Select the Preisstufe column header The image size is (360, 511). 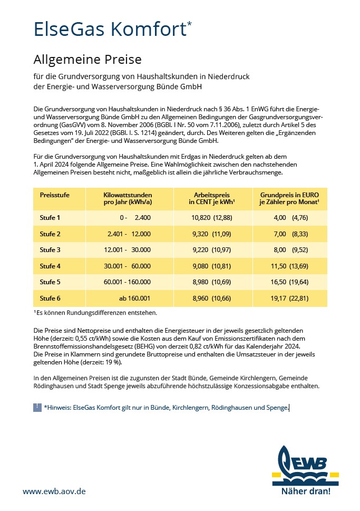pos(55,195)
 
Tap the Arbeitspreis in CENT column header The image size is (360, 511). pos(212,198)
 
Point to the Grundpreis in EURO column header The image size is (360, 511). pos(290,198)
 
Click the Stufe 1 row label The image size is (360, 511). pos(51,217)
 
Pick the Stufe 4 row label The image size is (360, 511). pos(51,266)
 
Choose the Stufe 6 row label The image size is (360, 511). pos(51,298)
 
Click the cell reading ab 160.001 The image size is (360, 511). pos(135,298)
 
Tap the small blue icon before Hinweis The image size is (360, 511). pos(37,407)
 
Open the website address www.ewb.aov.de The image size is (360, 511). pos(54,491)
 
